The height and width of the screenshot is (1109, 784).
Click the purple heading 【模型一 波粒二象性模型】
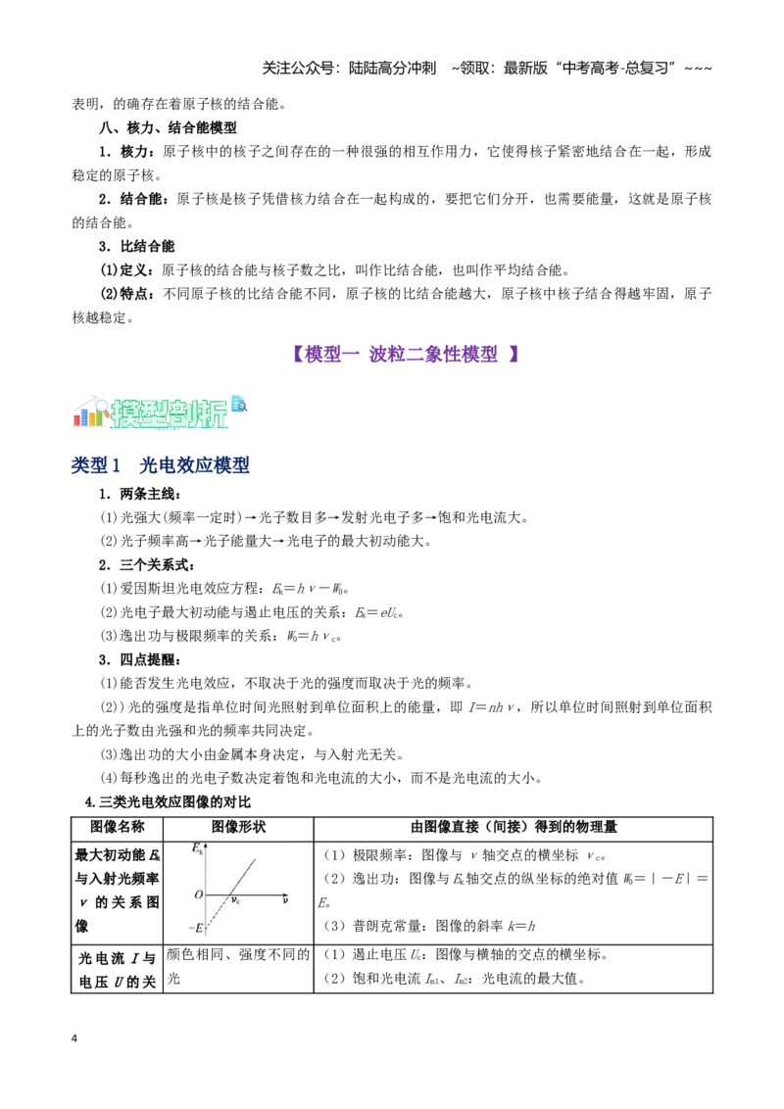pos(406,354)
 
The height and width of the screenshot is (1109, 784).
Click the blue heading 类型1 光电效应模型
pos(160,464)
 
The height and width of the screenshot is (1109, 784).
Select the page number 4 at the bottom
pos(74,1038)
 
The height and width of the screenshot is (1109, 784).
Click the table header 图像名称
pos(117,827)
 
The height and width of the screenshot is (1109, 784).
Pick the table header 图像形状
pos(238,827)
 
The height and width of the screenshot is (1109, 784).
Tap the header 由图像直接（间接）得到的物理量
pos(514,827)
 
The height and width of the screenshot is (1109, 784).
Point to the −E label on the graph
pos(196,927)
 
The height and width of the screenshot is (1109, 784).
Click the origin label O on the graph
pos(199,894)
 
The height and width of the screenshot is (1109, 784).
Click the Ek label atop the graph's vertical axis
pos(197,848)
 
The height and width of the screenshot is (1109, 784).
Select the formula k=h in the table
pos(521,926)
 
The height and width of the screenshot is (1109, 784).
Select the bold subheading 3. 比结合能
pos(136,246)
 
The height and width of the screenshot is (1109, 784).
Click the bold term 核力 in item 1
pos(133,151)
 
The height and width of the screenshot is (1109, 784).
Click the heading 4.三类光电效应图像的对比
pos(168,802)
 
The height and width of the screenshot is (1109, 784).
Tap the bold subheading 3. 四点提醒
pos(139,660)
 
